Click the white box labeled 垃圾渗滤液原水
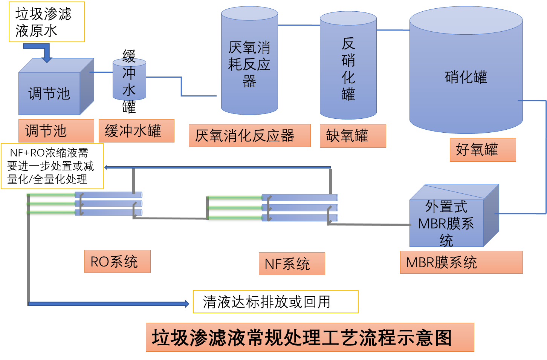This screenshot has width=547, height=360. [46, 22]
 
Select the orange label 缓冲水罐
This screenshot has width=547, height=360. [136, 131]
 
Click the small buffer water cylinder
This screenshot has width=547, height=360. [129, 80]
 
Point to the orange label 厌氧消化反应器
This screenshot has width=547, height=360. [249, 136]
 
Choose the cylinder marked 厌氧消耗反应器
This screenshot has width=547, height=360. [249, 64]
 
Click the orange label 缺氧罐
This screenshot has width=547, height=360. [353, 136]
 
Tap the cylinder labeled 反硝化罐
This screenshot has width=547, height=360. [348, 68]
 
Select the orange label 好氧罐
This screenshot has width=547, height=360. [483, 150]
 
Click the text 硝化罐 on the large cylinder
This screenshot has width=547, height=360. [466, 77]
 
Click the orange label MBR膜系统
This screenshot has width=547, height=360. [461, 262]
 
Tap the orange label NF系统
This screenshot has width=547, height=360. [292, 264]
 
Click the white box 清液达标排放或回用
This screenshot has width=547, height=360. [275, 302]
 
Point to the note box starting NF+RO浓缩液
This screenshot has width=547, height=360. [52, 166]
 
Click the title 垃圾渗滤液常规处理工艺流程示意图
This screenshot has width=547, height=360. [310, 337]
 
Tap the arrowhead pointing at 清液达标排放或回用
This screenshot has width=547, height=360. [186, 303]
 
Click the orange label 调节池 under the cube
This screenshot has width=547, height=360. [56, 131]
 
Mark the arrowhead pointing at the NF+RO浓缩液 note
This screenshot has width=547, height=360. [106, 167]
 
